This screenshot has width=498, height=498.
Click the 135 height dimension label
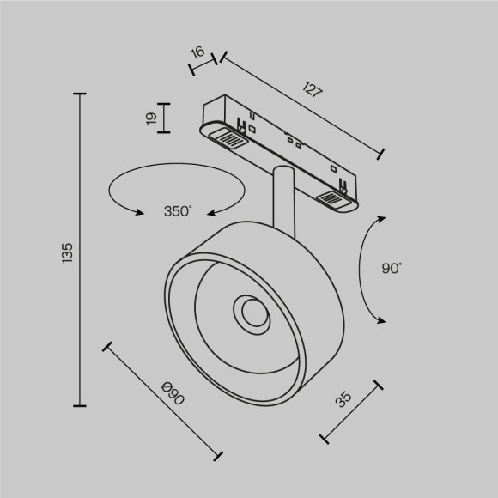[68, 252]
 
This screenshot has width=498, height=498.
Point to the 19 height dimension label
[152, 118]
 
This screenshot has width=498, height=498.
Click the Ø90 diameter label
[173, 396]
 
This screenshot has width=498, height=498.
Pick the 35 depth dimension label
[343, 399]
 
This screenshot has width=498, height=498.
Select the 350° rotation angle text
[178, 211]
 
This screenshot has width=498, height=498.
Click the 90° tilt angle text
[392, 269]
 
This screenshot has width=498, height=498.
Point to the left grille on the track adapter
[228, 137]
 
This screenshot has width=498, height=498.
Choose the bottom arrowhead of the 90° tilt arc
[378, 319]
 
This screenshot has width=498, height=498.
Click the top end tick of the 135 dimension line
[82, 94]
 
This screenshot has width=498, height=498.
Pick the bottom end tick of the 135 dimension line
[82, 406]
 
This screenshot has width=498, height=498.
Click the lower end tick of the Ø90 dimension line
[219, 456]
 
